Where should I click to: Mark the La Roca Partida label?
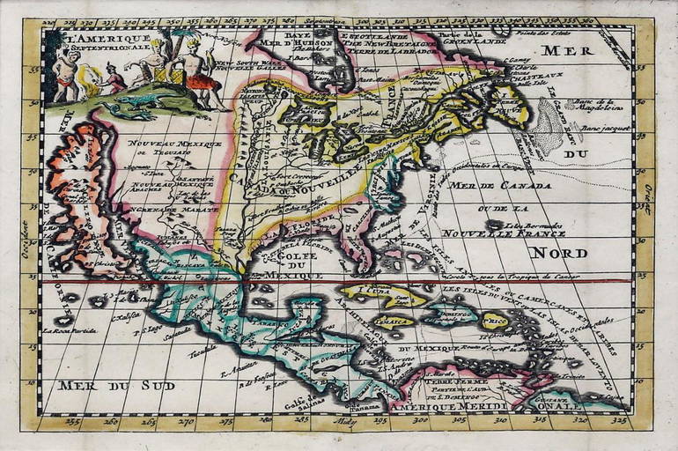tap(69, 330)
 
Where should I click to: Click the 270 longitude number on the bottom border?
tap(188, 423)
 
